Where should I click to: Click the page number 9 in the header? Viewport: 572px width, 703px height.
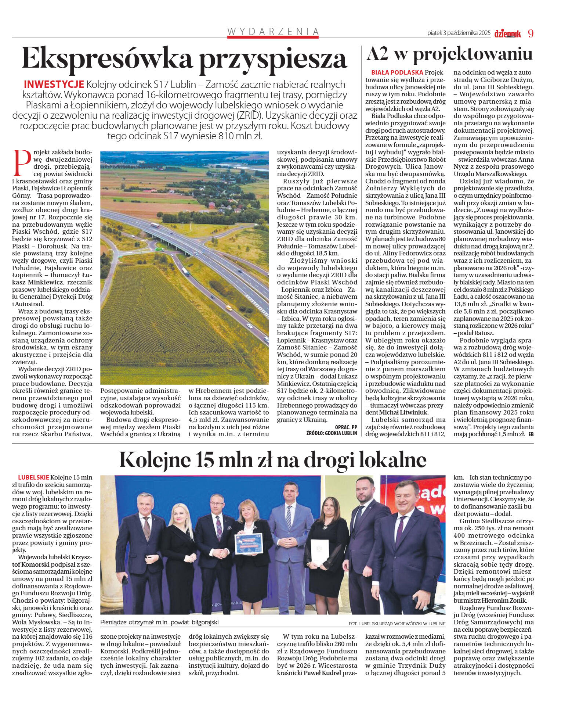coord(531,33)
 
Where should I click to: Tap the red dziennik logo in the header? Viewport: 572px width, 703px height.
coord(507,34)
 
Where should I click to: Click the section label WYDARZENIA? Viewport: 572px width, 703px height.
coord(273,32)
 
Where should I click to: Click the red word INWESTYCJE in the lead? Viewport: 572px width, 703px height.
coord(54,84)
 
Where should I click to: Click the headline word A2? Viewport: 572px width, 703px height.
coord(377,54)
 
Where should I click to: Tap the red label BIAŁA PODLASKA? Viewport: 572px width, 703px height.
coord(397,73)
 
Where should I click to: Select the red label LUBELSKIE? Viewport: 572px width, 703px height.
coord(33,477)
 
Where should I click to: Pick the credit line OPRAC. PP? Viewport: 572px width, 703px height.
coord(346,427)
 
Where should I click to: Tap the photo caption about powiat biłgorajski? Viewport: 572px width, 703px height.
coord(159,623)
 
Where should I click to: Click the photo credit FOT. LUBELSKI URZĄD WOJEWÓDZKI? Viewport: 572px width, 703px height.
coord(397,624)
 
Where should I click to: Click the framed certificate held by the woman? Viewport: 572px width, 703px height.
coord(249,544)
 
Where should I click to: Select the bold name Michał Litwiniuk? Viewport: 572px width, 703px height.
coord(403,413)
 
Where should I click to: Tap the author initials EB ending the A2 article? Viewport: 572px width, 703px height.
coord(530,434)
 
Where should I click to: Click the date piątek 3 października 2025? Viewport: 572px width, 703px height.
coord(459,33)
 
